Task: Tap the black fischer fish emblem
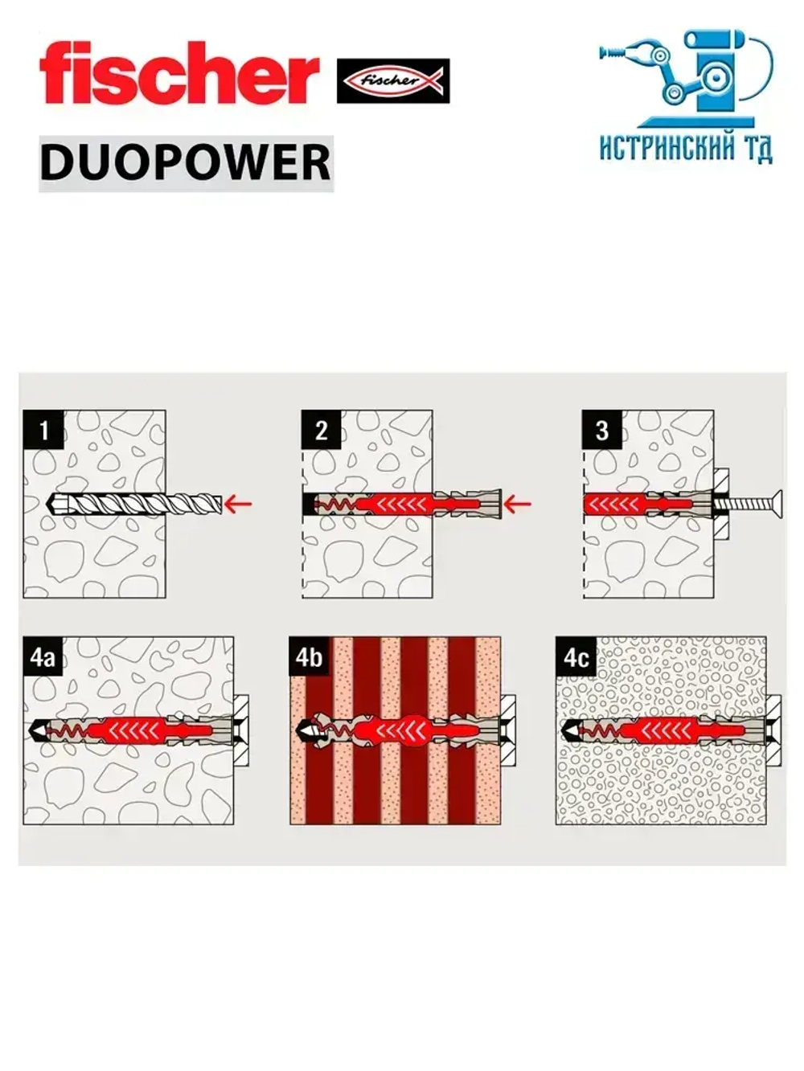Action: click(392, 80)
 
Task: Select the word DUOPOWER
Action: click(186, 162)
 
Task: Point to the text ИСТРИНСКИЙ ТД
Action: click(686, 149)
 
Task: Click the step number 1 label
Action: click(43, 430)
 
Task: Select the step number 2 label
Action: click(322, 430)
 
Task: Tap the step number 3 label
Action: click(601, 430)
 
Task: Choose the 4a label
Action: click(43, 656)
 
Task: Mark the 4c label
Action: click(576, 656)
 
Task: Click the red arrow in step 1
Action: click(238, 505)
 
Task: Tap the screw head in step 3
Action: click(776, 505)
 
